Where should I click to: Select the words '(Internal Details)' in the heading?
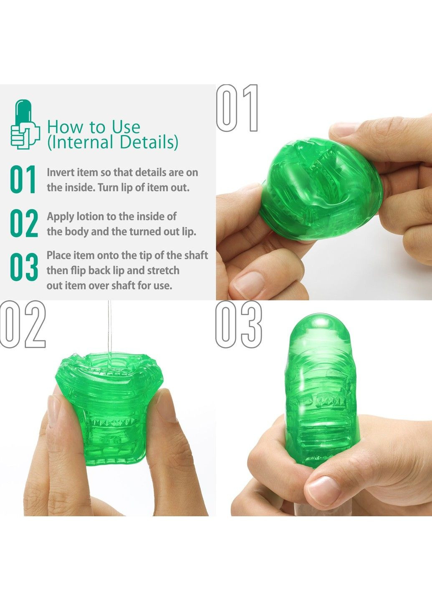113,142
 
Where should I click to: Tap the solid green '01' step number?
23,179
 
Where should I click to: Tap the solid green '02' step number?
24,223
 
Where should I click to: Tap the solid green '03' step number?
24,267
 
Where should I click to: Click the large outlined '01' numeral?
237,108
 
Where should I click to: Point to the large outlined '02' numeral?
23,324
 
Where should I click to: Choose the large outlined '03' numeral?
239,324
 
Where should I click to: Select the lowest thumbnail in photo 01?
249,285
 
